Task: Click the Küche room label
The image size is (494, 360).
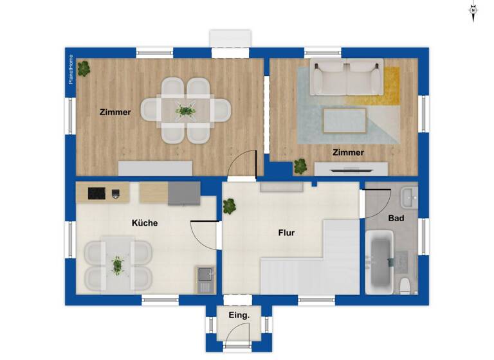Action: (145, 223)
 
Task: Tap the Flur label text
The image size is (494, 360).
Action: (286, 233)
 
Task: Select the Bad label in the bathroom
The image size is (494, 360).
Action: (396, 219)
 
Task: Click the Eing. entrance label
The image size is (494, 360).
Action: (239, 315)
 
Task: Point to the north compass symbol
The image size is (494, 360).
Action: (473, 11)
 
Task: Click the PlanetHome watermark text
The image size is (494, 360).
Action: (71, 69)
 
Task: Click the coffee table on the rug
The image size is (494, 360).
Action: (345, 120)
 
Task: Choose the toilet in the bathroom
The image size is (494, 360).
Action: (405, 285)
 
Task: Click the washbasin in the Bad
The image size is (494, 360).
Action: (409, 194)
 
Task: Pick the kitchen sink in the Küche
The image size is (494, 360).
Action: (205, 279)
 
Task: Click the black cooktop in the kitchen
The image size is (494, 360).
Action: (96, 193)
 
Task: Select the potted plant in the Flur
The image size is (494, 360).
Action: (230, 206)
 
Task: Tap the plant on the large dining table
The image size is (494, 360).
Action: (186, 111)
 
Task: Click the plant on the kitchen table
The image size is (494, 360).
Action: (118, 264)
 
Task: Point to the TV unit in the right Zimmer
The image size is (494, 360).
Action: (351, 169)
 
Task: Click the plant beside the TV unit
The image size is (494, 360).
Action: (300, 166)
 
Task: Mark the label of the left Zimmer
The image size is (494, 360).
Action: (115, 112)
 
